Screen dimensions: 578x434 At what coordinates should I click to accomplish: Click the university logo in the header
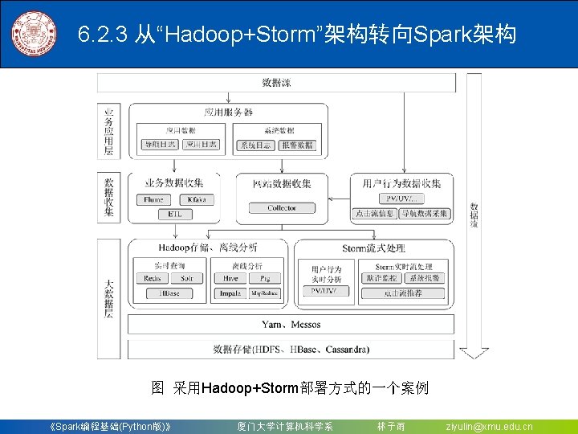point(35,34)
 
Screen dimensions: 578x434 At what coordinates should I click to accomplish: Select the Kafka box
point(196,199)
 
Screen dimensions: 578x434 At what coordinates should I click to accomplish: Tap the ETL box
point(174,214)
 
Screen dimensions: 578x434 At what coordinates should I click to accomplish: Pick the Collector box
point(282,207)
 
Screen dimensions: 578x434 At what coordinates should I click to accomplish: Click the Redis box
point(153,278)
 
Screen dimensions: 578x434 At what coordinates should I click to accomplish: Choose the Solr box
point(186,278)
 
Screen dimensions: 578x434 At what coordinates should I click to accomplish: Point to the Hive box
point(230,278)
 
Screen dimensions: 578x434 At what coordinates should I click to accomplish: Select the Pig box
point(264,278)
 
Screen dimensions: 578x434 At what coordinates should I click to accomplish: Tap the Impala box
point(230,293)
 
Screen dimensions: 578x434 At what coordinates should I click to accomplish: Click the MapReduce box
point(264,293)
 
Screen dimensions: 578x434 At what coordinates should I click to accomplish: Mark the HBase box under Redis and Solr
point(169,293)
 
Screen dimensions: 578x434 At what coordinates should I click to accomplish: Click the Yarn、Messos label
point(291,325)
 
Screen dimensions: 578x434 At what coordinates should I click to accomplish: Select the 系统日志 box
point(255,145)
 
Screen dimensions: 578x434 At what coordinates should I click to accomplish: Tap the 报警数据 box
point(298,145)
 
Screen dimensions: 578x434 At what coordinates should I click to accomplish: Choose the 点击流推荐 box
point(402,293)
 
